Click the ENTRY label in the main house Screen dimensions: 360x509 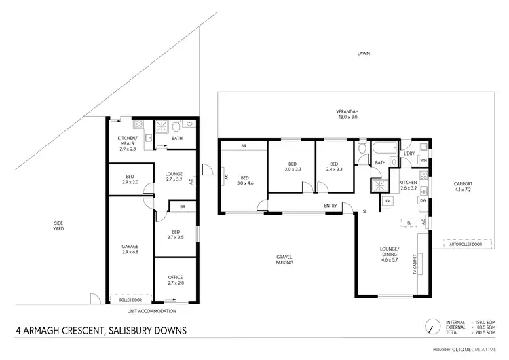[331, 206]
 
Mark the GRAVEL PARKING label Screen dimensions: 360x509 [284, 259]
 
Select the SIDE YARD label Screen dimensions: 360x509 [59, 226]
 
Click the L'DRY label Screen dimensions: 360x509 [409, 154]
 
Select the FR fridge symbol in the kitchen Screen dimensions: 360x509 [388, 202]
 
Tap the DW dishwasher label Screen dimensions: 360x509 [423, 200]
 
